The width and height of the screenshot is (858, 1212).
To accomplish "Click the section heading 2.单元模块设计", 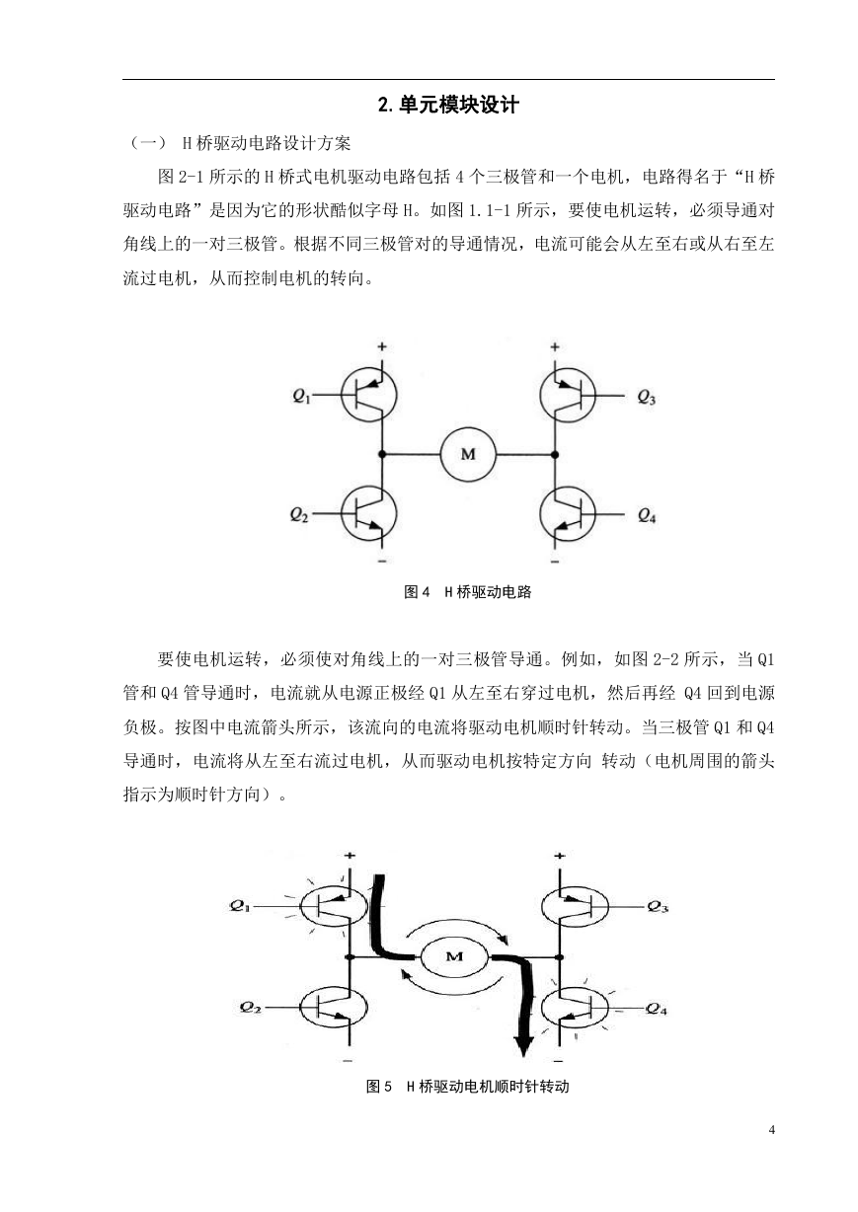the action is tap(448, 105).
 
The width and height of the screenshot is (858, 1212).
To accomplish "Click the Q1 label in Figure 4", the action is tap(301, 396).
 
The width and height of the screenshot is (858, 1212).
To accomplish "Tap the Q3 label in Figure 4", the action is tap(647, 397).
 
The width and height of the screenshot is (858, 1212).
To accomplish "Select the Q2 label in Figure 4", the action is tap(299, 514).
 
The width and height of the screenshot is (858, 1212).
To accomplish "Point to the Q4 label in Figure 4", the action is tap(647, 515).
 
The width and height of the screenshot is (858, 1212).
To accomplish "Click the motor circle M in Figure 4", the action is tap(468, 454).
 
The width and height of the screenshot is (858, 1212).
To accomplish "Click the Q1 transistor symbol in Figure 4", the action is tap(368, 395).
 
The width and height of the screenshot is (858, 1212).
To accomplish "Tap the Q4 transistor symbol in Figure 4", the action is tap(568, 514).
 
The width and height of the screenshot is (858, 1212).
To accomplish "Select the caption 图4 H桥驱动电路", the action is tap(468, 592).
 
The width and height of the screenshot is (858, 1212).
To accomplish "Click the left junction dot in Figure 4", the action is tap(382, 454).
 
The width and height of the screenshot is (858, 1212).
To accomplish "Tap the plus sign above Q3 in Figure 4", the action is tap(554, 346).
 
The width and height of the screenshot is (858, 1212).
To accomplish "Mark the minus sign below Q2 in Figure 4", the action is tap(382, 561).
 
